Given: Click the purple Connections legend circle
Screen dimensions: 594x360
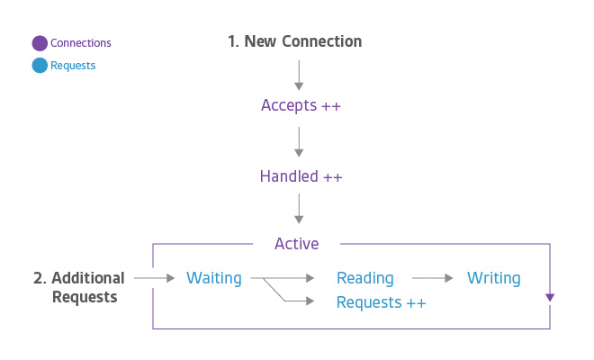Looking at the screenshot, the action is [x=40, y=43].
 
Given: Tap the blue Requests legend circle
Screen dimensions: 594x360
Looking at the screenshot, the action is [x=40, y=65].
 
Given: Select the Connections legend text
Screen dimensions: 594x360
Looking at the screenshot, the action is [x=81, y=43].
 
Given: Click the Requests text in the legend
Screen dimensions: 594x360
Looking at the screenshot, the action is [x=73, y=66].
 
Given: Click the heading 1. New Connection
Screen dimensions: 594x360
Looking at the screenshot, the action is [x=294, y=41].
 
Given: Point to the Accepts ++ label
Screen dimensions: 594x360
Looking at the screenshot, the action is [x=301, y=105].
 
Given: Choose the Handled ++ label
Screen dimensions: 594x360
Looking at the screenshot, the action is [x=301, y=176].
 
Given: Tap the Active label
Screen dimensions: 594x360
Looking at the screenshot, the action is [x=297, y=244].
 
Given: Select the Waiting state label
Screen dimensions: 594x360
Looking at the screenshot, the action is [x=214, y=278].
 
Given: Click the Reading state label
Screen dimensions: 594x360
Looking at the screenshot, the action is [x=365, y=278].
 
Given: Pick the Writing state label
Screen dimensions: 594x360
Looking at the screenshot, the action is [x=494, y=278].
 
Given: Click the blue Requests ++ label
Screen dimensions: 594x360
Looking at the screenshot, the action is [x=382, y=302].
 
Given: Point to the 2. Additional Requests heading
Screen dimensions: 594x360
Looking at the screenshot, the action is [x=79, y=287].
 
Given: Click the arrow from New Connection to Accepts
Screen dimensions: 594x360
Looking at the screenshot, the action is [x=299, y=76].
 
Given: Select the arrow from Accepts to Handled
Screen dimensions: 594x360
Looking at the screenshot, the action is [x=299, y=142].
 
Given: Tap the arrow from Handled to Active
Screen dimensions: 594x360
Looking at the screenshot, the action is [x=299, y=209].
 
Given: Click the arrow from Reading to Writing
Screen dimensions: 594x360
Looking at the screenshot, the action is [x=433, y=278].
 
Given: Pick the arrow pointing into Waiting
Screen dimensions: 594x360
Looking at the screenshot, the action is [x=155, y=278].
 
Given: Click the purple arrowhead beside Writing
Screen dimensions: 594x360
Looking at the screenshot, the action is [x=550, y=298].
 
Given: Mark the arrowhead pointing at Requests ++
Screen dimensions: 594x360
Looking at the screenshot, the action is [x=310, y=301].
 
